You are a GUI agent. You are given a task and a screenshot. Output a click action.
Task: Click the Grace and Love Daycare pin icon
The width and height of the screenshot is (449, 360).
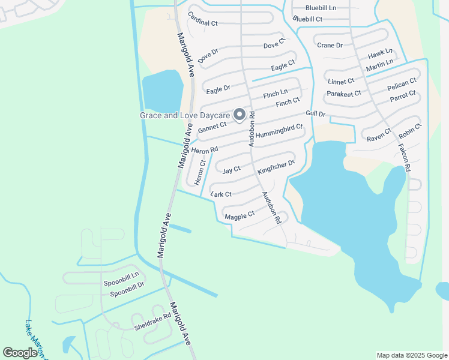[239, 114]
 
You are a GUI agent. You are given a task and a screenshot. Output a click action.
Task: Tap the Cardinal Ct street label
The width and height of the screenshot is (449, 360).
[202, 19]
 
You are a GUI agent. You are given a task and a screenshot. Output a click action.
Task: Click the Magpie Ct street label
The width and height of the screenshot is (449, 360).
[240, 215]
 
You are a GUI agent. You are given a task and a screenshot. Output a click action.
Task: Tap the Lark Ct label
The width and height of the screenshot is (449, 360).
[221, 194]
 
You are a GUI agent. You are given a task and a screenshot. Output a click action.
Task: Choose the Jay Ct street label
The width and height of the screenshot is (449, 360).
[231, 170]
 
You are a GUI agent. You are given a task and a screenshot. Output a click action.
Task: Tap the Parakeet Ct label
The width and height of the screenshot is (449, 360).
[343, 94]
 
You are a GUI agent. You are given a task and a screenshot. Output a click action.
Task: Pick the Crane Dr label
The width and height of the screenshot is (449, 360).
[330, 46]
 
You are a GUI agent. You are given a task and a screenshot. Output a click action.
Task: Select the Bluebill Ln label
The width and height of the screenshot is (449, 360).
[321, 8]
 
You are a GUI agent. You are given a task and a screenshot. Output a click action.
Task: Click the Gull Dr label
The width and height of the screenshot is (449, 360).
[315, 113]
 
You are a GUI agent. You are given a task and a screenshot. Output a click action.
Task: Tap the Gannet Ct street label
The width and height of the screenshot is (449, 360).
[212, 127]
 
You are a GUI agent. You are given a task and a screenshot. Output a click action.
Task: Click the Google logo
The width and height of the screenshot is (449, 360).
[20, 353]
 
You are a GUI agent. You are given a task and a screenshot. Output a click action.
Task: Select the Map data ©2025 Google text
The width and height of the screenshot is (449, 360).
[411, 355]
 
